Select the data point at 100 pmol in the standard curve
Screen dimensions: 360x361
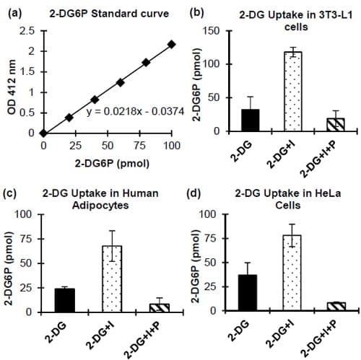[x=171, y=44]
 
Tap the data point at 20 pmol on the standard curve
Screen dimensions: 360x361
[x=69, y=117]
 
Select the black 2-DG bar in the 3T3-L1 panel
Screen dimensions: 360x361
[x=230, y=120]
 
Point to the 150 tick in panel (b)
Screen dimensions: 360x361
[x=210, y=30]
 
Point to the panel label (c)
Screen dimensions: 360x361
[x=12, y=193]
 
